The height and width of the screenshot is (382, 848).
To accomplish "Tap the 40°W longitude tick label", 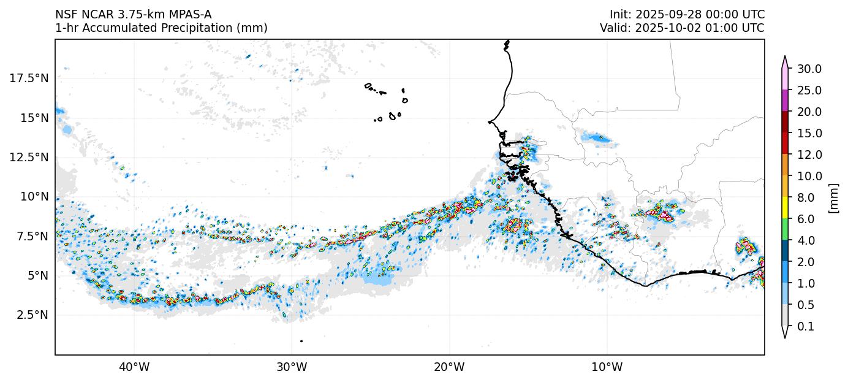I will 134,367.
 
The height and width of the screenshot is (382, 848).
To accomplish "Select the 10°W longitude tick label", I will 607,367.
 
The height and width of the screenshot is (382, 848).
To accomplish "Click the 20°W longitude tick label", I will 449,367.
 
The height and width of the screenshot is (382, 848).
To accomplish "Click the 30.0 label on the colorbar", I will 809,69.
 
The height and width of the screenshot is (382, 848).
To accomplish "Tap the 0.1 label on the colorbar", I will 806,327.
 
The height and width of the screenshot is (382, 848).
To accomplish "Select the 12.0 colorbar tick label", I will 809,155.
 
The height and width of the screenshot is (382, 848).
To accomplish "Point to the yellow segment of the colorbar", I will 784,208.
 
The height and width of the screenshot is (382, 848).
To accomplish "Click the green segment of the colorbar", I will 784,230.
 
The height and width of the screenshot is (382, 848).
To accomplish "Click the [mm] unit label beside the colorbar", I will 833,197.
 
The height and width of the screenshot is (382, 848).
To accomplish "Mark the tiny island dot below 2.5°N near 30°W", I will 301,341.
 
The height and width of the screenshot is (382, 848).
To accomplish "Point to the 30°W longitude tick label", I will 292,367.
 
